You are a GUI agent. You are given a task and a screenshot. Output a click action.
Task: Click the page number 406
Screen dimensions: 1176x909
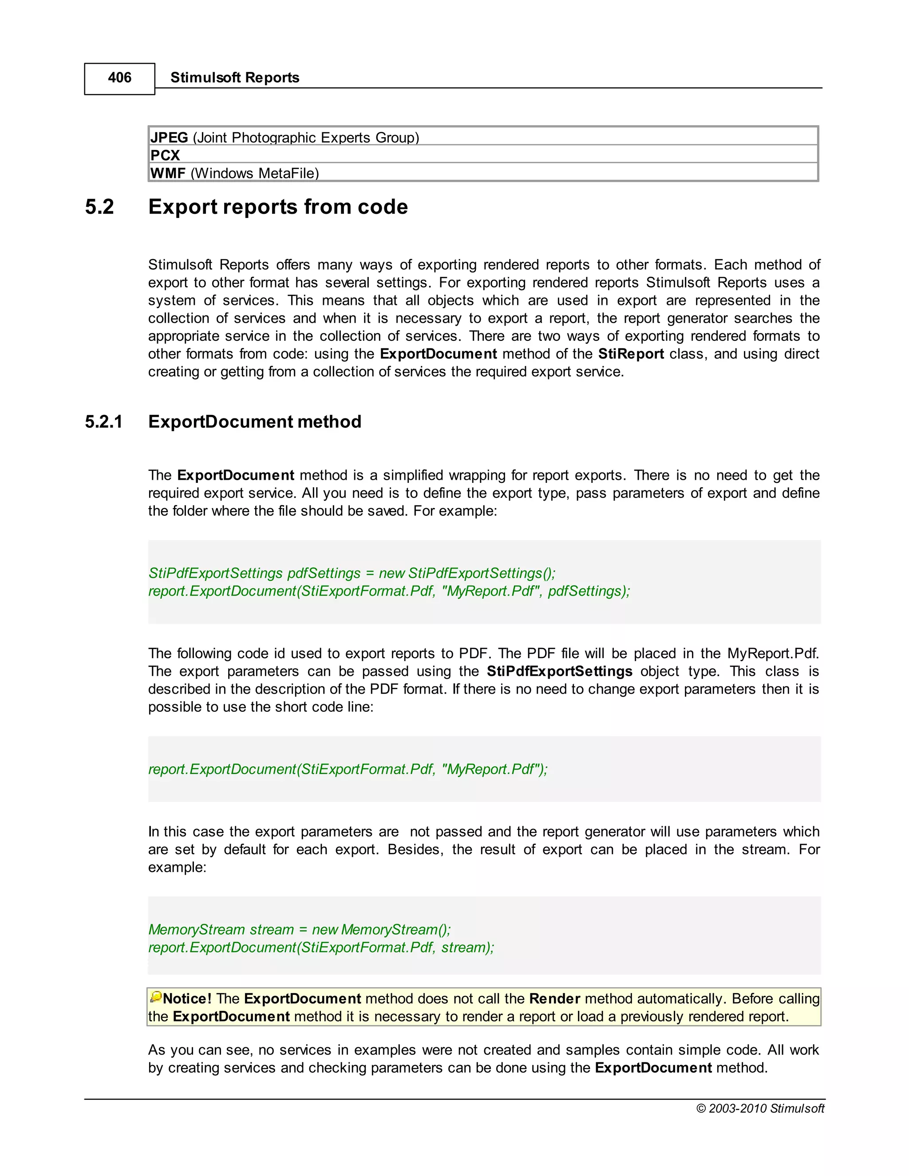pos(119,78)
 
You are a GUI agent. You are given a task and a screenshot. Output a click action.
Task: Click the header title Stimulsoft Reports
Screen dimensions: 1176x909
pos(234,78)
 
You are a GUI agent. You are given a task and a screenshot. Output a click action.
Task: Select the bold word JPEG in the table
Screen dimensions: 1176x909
pos(169,138)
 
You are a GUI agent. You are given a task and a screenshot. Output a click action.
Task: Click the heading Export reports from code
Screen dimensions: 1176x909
pos(278,207)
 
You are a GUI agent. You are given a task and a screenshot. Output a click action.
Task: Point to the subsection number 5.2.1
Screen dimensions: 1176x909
pos(104,422)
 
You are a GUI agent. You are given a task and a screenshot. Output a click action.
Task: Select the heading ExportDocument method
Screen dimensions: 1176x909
pos(255,422)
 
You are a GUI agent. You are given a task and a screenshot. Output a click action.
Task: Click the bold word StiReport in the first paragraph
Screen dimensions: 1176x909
pos(631,354)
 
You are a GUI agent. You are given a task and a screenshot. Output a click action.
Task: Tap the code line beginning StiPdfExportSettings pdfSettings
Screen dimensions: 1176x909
pos(352,573)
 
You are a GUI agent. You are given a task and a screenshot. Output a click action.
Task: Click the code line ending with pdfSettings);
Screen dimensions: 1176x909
pos(389,591)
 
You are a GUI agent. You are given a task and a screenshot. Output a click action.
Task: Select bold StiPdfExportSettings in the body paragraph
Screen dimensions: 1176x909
pos(560,671)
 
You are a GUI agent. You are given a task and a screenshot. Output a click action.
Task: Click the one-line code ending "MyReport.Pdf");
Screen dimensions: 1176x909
pos(348,770)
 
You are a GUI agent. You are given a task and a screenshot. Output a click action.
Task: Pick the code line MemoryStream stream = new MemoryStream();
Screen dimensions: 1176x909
pos(300,930)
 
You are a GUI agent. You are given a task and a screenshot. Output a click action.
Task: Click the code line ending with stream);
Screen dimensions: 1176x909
pos(321,948)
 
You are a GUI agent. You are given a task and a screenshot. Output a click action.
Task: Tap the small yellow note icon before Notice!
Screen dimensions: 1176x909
pos(156,997)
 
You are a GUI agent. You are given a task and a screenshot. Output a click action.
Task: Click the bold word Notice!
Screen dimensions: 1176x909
pos(187,999)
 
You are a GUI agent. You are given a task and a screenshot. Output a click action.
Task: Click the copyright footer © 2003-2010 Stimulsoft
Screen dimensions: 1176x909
pos(760,1109)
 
